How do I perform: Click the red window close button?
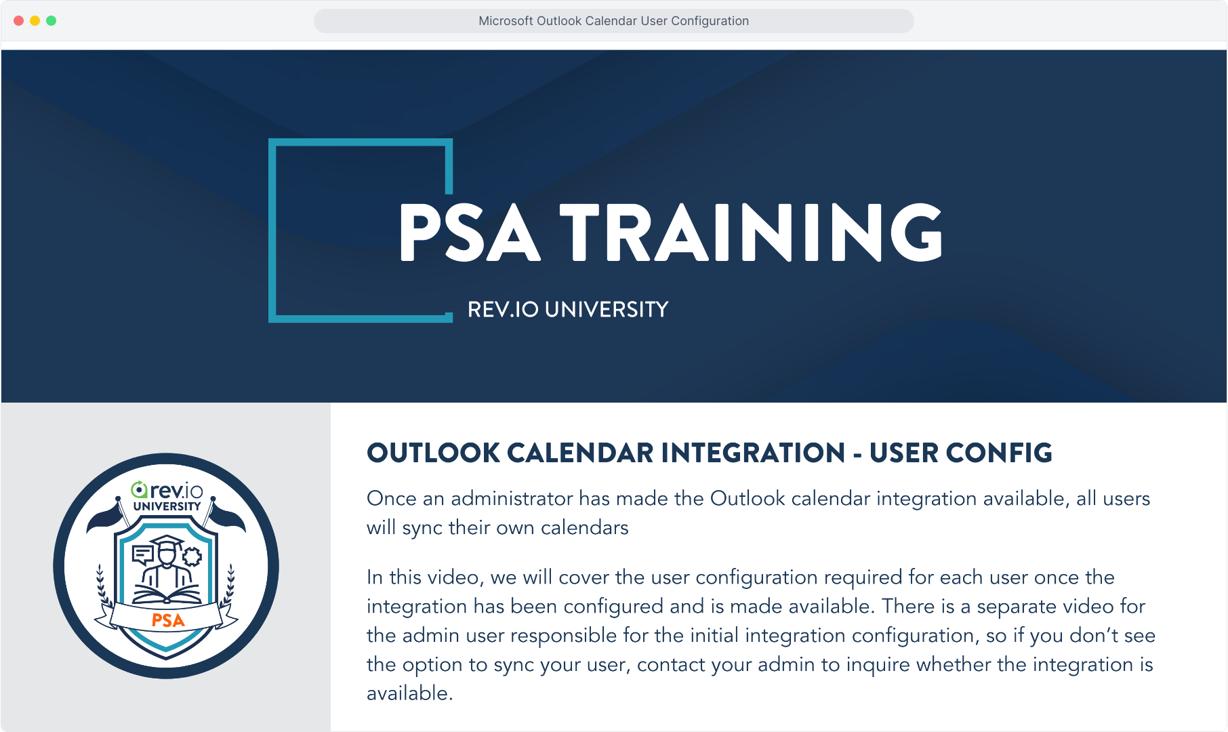coord(19,21)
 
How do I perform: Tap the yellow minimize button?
coord(35,21)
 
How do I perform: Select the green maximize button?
coord(52,21)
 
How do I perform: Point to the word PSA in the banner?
coord(470,232)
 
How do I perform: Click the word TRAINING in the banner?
coord(751,232)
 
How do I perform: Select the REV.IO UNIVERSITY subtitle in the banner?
coord(568,310)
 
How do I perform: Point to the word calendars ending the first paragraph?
coord(584,527)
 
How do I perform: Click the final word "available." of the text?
coord(410,693)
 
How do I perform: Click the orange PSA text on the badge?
coord(168,621)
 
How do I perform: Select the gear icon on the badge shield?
coord(192,556)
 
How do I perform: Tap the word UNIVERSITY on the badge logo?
coord(167,506)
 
